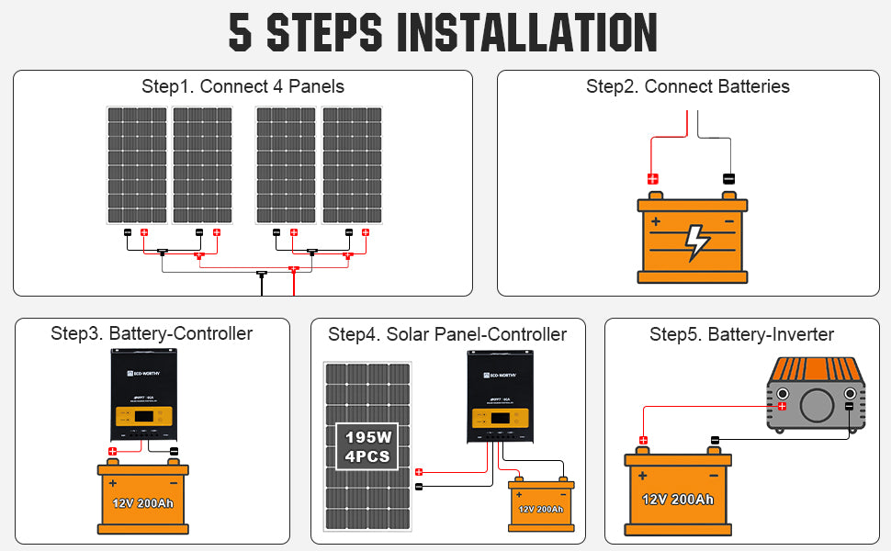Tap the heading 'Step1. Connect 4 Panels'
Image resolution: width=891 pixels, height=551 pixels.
pos(242,87)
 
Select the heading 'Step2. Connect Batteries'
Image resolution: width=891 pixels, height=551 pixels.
pos(687,87)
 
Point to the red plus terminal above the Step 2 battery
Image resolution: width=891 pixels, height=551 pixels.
pos(653,179)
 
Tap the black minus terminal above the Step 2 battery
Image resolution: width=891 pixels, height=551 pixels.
pos(729,179)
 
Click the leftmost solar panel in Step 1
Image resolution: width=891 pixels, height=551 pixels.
pos(137,165)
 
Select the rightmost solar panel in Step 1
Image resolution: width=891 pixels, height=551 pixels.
pos(352,165)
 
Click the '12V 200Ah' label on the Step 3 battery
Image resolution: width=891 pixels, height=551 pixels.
pos(142,504)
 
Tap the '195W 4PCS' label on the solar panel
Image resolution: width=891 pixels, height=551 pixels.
pos(367,447)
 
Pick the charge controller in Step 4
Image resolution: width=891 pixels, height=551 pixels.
pos(502,396)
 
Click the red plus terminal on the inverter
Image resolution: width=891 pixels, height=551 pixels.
pos(782,406)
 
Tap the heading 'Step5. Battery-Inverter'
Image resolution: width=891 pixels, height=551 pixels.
pos(741,334)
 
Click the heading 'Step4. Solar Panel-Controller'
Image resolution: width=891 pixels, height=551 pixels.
pos(447,334)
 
